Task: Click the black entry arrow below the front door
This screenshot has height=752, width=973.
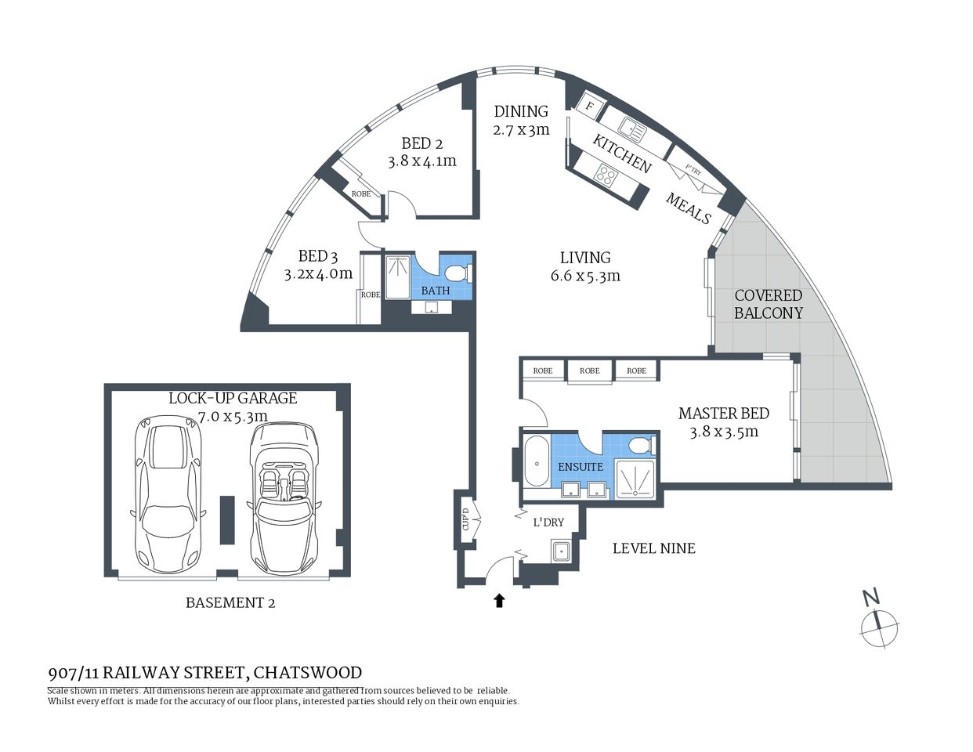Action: click(x=498, y=601)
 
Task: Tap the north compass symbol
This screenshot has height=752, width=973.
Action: click(x=879, y=624)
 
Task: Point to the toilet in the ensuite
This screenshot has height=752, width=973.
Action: click(x=639, y=446)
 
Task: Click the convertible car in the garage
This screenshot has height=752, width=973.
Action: click(x=283, y=498)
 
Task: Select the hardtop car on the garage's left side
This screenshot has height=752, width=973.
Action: click(x=169, y=493)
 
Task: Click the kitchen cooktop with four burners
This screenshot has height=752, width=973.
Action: click(x=606, y=175)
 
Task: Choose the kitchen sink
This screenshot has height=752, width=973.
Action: click(x=631, y=128)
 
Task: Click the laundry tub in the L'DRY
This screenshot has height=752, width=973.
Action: click(x=561, y=552)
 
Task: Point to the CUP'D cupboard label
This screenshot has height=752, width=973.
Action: click(x=465, y=519)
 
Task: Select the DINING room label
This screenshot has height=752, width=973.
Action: click(x=521, y=111)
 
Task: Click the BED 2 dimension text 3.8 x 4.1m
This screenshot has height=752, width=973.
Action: click(x=421, y=161)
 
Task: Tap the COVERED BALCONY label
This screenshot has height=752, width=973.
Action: click(x=768, y=304)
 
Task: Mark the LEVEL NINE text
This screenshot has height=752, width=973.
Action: click(x=653, y=548)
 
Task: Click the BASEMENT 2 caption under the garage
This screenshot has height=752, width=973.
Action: click(x=230, y=602)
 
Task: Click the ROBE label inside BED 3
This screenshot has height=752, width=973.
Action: click(x=370, y=295)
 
